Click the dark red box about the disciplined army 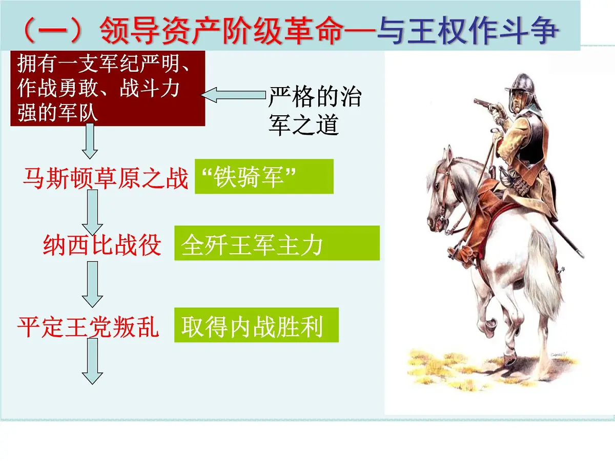pos(108,89)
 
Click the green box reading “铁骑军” pos(264,176)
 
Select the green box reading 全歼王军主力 pos(277,243)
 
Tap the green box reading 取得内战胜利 pos(256,325)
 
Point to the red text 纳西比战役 pos(102,244)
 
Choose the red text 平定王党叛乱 pos(89,325)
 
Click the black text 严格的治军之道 pos(314,110)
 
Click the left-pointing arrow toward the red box pos(233,95)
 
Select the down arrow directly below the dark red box pos(90,141)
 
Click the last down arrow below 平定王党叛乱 pos(93,361)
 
